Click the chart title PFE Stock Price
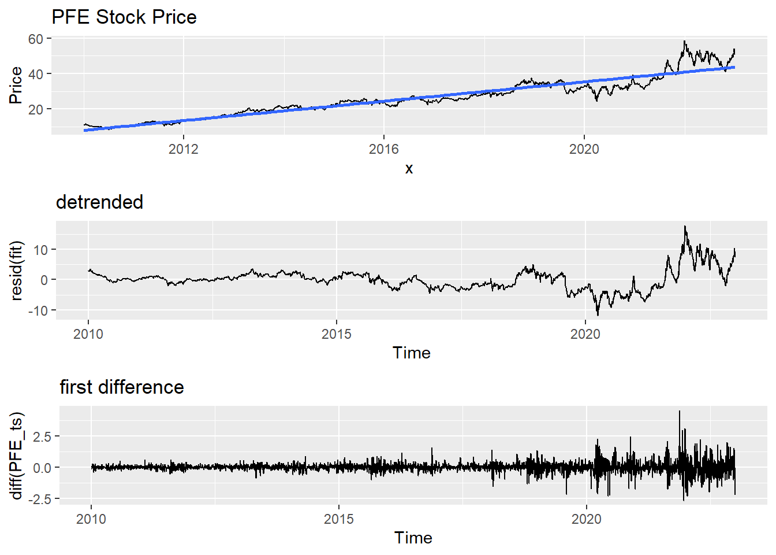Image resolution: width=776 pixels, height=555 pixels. [124, 17]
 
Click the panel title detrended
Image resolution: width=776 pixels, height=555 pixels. [99, 202]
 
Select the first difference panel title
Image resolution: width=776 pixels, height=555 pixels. [122, 387]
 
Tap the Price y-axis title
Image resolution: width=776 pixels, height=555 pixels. [16, 86]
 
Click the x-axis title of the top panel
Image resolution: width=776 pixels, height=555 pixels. [409, 169]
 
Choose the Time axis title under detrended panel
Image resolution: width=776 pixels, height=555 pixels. [411, 353]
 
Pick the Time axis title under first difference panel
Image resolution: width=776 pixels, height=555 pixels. [413, 538]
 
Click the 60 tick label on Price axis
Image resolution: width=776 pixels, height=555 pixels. [36, 39]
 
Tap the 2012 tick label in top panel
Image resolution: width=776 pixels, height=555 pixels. [183, 149]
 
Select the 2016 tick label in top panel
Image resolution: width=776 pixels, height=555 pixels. [383, 149]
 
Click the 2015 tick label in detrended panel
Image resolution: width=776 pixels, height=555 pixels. [337, 334]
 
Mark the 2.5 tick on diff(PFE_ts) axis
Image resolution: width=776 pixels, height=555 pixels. [42, 436]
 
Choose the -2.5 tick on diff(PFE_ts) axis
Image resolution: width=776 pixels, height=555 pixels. [40, 499]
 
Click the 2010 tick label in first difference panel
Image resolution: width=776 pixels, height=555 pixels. [91, 519]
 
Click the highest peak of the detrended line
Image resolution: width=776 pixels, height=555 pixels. [685, 227]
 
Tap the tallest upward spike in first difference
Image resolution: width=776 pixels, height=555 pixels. [680, 412]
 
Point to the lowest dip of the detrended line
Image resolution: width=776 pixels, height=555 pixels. [598, 314]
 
